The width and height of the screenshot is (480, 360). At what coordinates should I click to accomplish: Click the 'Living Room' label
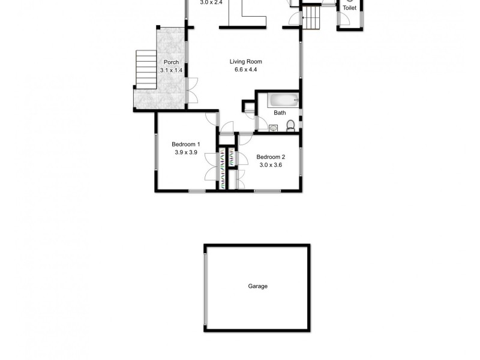(245, 61)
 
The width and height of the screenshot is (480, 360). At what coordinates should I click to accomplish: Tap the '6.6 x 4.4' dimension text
(245, 70)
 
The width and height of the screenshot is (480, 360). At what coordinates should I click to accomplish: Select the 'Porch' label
(170, 62)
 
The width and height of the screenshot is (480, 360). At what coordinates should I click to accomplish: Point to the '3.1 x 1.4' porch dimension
(170, 70)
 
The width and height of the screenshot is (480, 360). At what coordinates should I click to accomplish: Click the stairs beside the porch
(146, 69)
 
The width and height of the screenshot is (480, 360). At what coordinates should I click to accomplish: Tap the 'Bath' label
(280, 113)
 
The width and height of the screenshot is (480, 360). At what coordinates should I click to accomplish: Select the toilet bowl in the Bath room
(290, 125)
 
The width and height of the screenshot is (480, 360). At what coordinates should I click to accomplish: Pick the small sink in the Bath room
(273, 127)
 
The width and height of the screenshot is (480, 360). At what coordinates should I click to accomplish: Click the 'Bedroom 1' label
(185, 144)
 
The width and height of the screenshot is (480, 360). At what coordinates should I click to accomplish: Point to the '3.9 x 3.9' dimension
(185, 152)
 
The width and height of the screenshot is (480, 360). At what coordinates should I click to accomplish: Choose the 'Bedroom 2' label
(271, 157)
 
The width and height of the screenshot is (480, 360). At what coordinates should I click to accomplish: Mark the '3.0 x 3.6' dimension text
(271, 165)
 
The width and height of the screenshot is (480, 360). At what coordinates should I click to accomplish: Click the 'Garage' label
(257, 286)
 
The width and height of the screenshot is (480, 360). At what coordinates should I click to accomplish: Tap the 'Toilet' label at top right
(349, 8)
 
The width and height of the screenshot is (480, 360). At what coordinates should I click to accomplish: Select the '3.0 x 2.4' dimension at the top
(211, 2)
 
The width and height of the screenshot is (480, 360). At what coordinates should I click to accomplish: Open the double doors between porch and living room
(190, 90)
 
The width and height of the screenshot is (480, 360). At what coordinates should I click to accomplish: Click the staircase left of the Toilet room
(311, 15)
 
